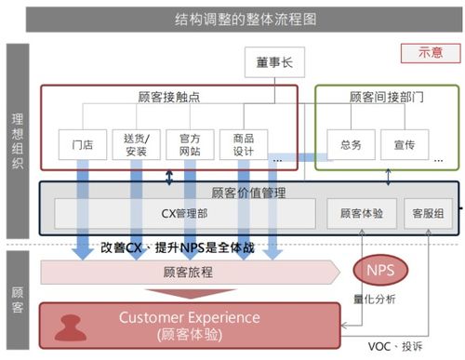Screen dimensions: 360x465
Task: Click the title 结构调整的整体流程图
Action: click(x=232, y=18)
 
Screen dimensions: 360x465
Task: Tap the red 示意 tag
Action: click(x=428, y=54)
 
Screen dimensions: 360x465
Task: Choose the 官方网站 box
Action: click(x=191, y=145)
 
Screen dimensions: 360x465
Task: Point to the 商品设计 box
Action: click(x=244, y=145)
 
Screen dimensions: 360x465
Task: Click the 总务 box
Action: click(x=344, y=145)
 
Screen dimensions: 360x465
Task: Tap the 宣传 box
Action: click(x=404, y=145)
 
